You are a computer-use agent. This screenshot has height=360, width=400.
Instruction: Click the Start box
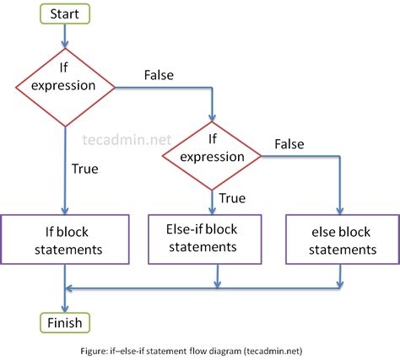(65, 15)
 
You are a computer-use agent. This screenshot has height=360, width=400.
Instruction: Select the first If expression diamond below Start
(65, 84)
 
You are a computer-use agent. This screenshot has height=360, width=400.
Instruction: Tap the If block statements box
(65, 239)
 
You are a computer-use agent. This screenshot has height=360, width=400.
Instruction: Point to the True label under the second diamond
(234, 199)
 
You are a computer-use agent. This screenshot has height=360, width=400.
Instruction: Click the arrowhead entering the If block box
(65, 210)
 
